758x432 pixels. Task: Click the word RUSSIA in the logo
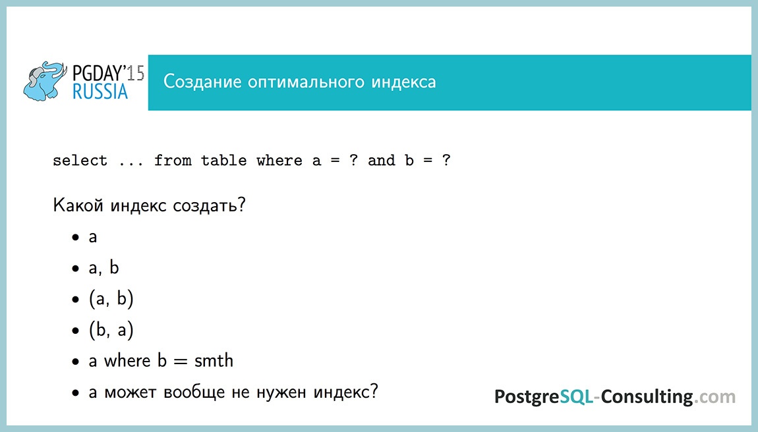[100, 92]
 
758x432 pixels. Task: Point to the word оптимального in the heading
[306, 83]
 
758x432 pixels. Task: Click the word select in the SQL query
[80, 161]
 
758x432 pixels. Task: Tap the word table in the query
[223, 161]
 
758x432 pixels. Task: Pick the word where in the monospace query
[279, 161]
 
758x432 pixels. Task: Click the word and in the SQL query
[381, 161]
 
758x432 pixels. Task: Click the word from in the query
[173, 161]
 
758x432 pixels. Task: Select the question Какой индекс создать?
[149, 205]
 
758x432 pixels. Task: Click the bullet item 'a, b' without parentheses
[104, 268]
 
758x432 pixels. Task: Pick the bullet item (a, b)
[111, 299]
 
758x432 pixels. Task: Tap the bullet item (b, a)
[111, 330]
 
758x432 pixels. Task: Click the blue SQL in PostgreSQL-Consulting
[577, 396]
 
